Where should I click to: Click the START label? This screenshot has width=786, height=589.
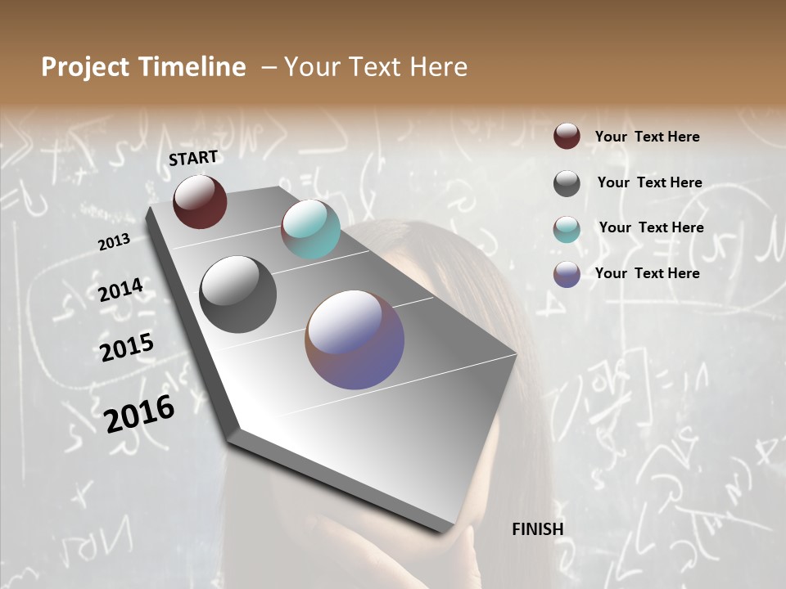(x=193, y=158)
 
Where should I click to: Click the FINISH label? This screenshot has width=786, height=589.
(x=537, y=529)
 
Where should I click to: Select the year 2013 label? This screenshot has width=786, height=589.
(x=114, y=242)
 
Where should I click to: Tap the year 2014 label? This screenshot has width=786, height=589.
(x=120, y=290)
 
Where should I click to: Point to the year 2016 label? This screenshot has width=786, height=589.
(x=139, y=413)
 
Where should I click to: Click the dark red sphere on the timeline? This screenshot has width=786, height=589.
(x=200, y=201)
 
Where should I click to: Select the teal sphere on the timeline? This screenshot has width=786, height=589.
(x=310, y=229)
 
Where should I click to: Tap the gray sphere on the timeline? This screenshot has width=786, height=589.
(x=237, y=294)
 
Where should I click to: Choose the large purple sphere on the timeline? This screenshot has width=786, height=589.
(x=355, y=339)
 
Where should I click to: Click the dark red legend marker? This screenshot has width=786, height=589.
(x=567, y=137)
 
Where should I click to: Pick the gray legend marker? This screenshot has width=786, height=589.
(x=567, y=183)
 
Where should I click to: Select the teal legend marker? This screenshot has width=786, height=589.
(x=567, y=228)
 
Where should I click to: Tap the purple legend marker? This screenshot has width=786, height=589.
(x=567, y=274)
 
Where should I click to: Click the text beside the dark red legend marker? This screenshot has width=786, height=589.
(x=647, y=137)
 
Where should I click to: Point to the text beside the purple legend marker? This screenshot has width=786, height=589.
(x=647, y=273)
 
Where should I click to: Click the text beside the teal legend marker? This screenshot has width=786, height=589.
(x=651, y=227)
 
